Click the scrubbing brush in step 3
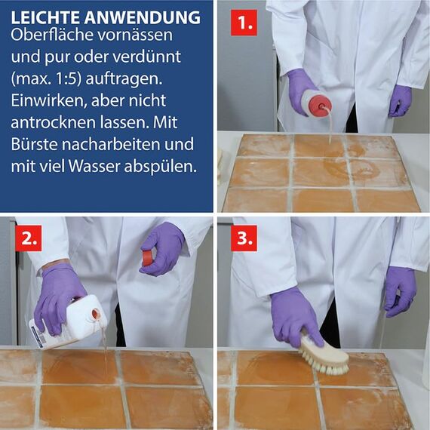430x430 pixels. [x=324, y=355]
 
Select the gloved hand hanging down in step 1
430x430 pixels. [x=400, y=100]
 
